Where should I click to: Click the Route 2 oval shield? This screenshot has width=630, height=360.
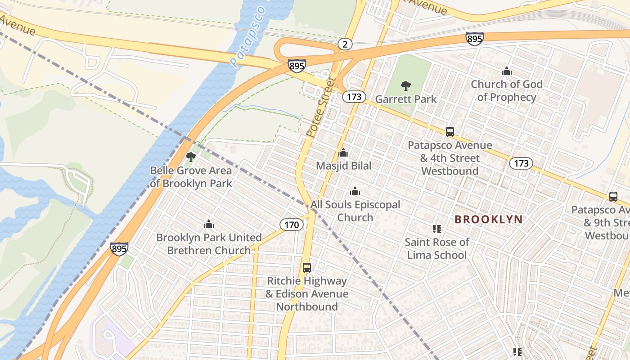coord(345,44)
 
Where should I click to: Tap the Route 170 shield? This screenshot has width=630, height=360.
coord(292,225)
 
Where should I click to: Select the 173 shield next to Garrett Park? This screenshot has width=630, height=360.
coord(354,97)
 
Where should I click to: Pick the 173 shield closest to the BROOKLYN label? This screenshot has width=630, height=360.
coord(521,163)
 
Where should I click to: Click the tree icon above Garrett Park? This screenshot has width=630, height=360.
coord(405,85)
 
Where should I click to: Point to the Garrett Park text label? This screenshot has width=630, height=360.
coord(405,99)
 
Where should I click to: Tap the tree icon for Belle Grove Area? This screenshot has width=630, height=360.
coord(191,157)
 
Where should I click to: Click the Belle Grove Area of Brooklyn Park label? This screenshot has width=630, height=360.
coord(191,177)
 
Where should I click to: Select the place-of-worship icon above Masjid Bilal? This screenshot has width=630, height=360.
coord(343,153)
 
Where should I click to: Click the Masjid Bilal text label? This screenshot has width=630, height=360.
coord(343,166)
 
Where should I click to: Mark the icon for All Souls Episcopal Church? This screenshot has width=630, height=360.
coord(355,191)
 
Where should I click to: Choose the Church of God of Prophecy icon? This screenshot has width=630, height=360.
coord(507,71)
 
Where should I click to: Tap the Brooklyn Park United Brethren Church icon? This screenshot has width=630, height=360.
coord(208,224)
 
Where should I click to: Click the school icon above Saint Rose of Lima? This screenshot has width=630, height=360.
coord(436,229)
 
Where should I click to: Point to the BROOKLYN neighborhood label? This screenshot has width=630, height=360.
coord(488,220)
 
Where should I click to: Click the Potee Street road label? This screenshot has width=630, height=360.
coord(321,107)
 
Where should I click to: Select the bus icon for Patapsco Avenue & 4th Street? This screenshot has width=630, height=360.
coord(450,132)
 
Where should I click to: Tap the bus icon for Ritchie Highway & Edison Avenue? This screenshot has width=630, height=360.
coord(307,268)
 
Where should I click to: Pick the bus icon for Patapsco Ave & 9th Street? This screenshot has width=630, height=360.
coord(613,197)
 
